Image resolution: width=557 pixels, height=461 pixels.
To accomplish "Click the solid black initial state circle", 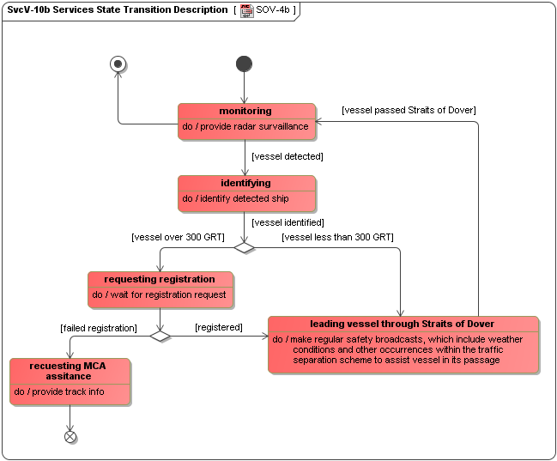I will (244, 64).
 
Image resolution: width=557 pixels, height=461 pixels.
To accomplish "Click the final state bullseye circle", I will (118, 64).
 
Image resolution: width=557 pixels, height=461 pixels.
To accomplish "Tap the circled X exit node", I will (70, 437).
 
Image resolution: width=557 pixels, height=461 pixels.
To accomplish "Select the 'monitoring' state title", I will (245, 111).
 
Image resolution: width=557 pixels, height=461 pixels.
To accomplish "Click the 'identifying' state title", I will (245, 183).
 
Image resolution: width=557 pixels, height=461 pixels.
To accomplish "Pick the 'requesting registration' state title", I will (160, 279).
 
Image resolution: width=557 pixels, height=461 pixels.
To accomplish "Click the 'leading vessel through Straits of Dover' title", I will (402, 324).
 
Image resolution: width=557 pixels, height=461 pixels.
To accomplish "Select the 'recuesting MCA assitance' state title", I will (70, 371).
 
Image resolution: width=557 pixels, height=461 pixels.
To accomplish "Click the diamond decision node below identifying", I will (245, 247).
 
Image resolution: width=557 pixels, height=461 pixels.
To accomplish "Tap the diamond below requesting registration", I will (160, 336).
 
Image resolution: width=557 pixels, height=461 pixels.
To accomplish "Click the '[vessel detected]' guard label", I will (288, 156).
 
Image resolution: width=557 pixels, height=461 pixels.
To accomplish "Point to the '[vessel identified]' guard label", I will (288, 222).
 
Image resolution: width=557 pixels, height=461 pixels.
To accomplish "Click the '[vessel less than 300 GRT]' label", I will (337, 236).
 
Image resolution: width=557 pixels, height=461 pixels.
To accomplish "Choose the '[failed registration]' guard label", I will (99, 328).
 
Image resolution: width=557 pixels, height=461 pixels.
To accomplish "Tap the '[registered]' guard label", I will (218, 327).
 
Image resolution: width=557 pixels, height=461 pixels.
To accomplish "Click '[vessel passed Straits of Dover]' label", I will (409, 110).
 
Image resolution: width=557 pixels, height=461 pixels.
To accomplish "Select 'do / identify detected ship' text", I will (235, 198).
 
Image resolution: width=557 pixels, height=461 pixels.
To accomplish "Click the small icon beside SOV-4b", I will (246, 9).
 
